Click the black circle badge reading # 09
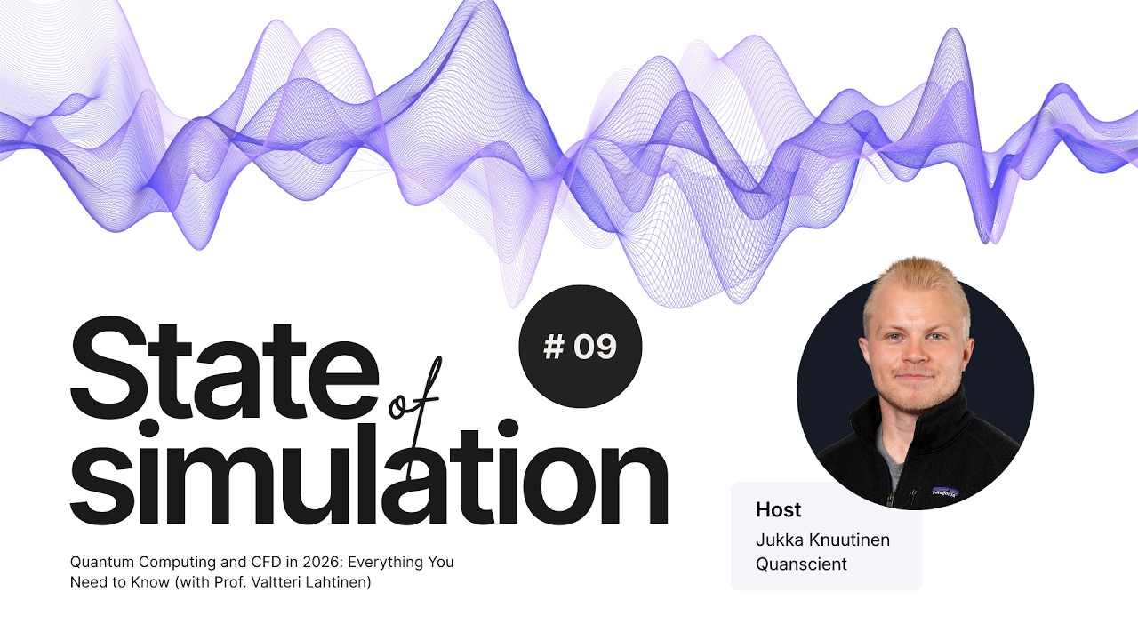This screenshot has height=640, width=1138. point(580,347)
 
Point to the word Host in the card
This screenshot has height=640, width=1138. point(778,510)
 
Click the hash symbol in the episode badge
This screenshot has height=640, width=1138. point(553,348)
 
